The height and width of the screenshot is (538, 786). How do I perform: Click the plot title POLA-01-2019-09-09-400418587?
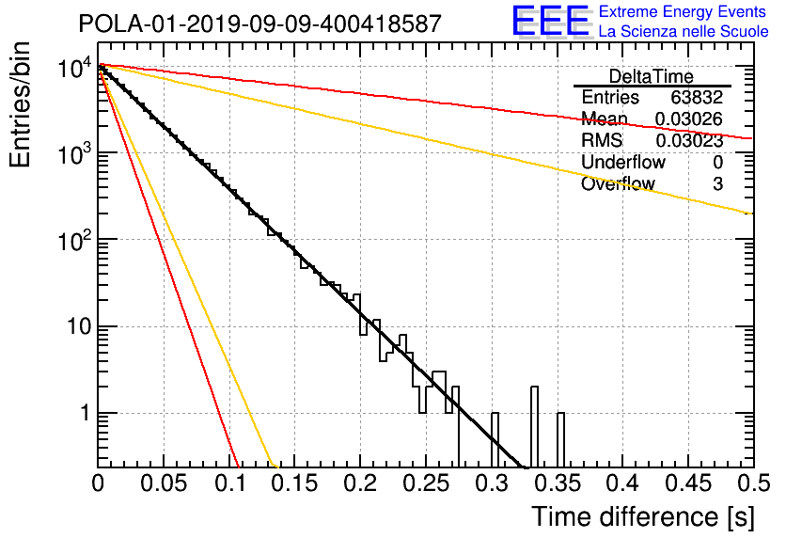[260, 24]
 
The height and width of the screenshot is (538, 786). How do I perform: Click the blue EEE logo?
[551, 21]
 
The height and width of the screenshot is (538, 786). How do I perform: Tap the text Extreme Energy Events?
[683, 11]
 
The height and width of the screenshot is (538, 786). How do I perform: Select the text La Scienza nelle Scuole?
[684, 31]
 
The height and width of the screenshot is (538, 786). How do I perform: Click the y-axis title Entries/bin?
[20, 104]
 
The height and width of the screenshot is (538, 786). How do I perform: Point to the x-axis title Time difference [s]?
[643, 517]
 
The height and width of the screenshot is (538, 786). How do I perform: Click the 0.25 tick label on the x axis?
[427, 483]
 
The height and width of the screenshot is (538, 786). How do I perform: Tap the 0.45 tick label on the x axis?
[688, 483]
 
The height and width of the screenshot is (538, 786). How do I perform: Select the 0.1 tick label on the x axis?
[230, 483]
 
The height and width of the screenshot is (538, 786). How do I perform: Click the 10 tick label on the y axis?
[80, 326]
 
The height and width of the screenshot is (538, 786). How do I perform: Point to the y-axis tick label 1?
[86, 413]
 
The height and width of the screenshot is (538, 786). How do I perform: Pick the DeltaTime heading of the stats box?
[652, 77]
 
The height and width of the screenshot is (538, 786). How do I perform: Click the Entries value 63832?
[697, 97]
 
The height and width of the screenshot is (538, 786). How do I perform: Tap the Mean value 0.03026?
[689, 119]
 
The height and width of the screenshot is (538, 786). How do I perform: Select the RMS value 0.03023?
[689, 141]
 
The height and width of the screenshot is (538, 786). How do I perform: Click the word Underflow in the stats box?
[623, 162]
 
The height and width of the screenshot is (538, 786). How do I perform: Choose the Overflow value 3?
[717, 184]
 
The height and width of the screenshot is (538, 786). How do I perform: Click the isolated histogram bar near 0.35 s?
[561, 440]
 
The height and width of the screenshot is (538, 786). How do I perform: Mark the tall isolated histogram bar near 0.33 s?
[534, 427]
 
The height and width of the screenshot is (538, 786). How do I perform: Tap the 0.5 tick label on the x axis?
[753, 483]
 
